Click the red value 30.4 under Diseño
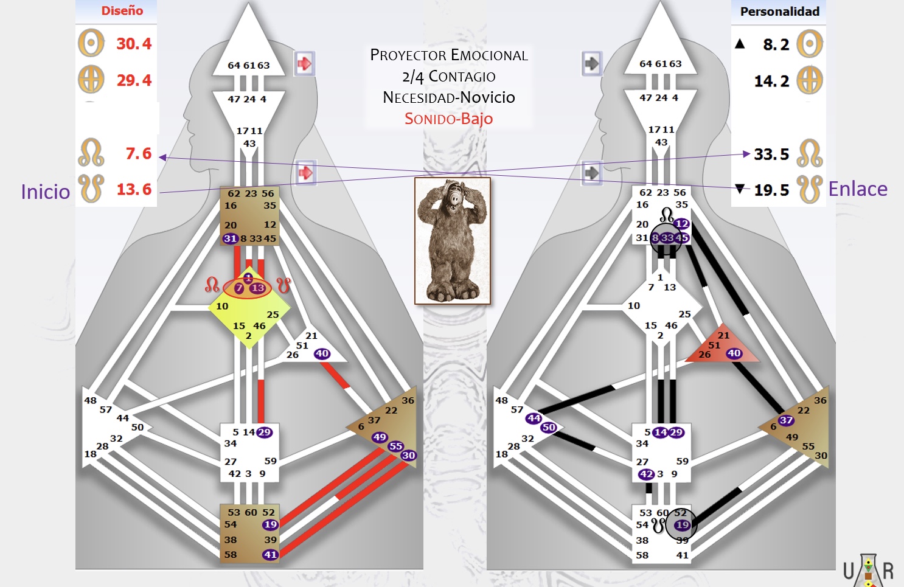134,44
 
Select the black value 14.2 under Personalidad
771,81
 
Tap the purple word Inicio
46,192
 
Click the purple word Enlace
858,189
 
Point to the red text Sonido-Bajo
449,119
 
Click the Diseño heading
122,10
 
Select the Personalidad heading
780,12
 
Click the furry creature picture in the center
453,240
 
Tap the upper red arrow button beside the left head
304,63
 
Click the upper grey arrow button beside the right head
592,63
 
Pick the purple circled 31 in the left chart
230,238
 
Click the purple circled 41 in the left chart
270,555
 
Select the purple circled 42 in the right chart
645,474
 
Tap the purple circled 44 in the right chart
534,419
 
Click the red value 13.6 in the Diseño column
134,189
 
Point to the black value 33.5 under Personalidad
771,154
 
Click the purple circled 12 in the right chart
681,223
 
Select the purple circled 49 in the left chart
380,437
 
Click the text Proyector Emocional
449,55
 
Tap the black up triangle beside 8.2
740,43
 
